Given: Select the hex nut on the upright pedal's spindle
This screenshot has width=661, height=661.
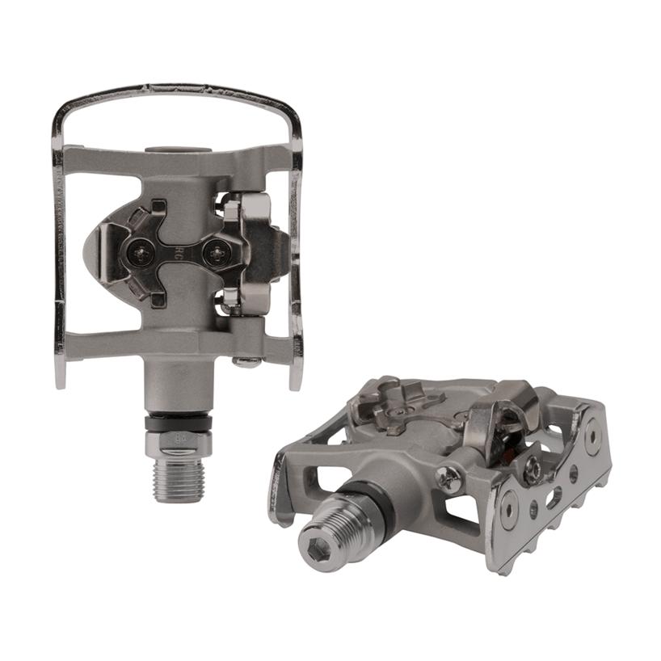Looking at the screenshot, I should pos(178,442).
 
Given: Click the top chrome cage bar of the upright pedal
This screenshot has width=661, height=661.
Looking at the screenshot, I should pos(178,91).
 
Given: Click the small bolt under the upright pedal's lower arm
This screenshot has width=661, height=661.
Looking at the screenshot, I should pos(247,361).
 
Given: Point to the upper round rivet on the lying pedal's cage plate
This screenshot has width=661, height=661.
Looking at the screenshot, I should pos(592,436).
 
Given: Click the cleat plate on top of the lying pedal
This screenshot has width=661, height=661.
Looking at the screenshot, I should pos(404,404).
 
